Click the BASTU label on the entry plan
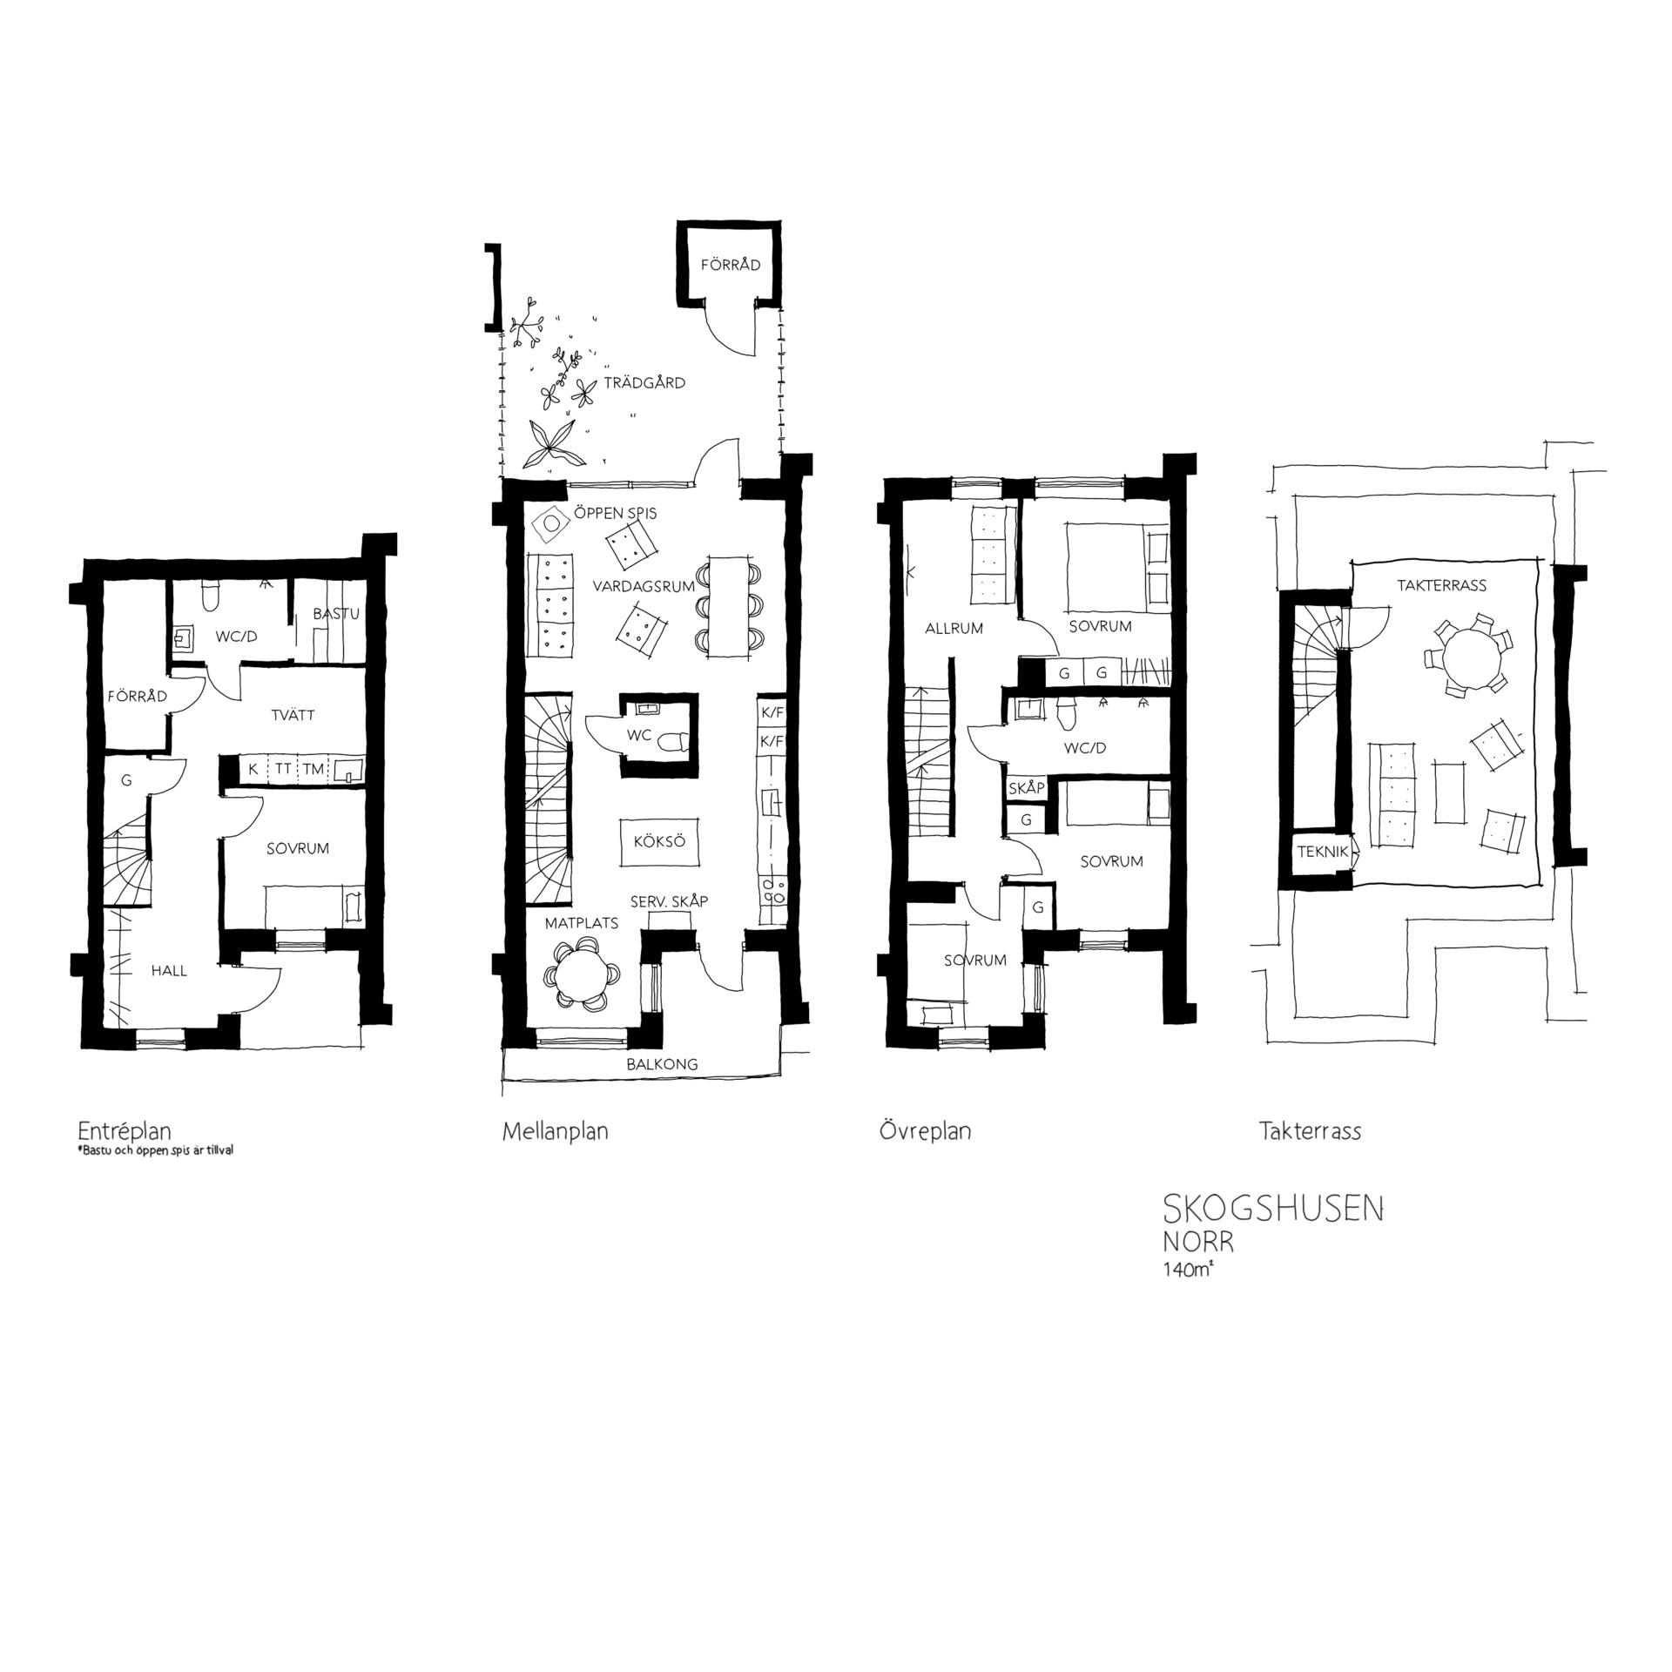[x=336, y=614]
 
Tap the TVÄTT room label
[x=293, y=715]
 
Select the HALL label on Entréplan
[x=169, y=970]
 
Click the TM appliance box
[x=313, y=769]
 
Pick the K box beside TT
[x=253, y=769]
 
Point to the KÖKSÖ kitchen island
[x=659, y=842]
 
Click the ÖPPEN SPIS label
[x=615, y=514]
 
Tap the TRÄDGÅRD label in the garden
[x=645, y=382]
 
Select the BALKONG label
[x=663, y=1064]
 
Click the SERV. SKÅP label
[x=669, y=901]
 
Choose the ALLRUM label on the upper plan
[x=954, y=628]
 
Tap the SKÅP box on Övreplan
[x=1026, y=787]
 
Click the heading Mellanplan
[x=556, y=1131]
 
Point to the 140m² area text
[x=1189, y=1269]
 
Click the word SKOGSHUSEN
[x=1273, y=1210]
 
